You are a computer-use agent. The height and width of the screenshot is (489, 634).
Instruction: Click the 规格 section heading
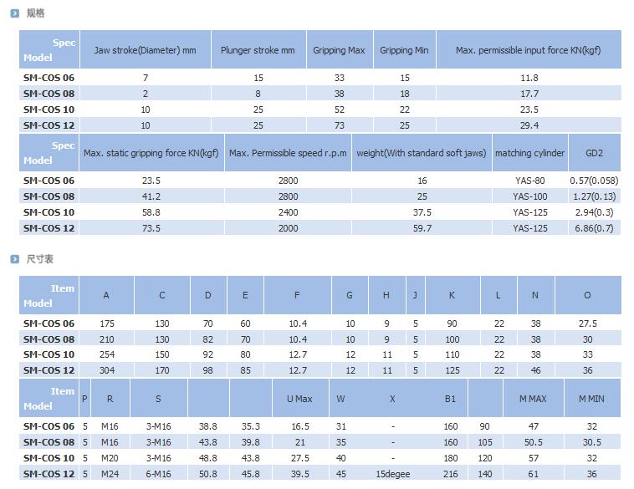pos(35,13)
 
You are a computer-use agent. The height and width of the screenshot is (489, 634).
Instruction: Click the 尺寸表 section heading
pos(39,259)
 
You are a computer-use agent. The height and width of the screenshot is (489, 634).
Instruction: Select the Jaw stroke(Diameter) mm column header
pos(145,50)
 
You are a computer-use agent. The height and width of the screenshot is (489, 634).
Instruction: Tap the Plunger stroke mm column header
pos(258,50)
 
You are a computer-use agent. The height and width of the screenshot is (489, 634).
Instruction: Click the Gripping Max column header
pos(339,50)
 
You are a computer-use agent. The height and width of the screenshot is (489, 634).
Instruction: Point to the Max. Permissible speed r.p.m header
pos(288,153)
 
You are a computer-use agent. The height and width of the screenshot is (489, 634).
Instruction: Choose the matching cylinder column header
pos(529,153)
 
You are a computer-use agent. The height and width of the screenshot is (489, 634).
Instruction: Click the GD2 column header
pos(594,153)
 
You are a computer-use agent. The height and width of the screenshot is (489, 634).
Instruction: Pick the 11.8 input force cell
pos(529,78)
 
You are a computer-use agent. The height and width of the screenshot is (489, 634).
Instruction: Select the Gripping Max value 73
pos(339,125)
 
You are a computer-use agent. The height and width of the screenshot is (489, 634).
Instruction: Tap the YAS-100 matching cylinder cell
pos(529,196)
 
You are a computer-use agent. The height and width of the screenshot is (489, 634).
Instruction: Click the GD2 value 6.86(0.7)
pos(594,228)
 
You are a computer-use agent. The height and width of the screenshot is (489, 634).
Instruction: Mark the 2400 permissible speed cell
pos(288,212)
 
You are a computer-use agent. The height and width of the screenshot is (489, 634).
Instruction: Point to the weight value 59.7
pos(422,228)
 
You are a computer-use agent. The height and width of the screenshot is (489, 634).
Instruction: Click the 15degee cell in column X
pos(392,474)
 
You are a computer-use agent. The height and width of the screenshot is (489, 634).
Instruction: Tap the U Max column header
pos(299,399)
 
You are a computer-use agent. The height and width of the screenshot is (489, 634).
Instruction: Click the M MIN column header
pos(591,399)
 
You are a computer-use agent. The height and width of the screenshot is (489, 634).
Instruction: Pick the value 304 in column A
pos(106,370)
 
